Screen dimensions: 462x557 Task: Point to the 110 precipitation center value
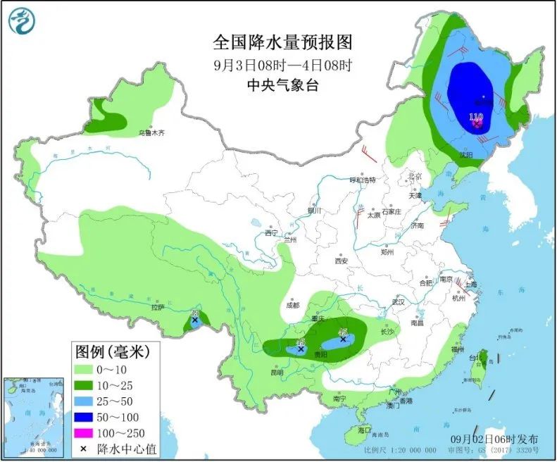pos(476,117)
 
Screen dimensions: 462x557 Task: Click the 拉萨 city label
pos(157,307)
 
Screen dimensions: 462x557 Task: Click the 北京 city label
pos(414,176)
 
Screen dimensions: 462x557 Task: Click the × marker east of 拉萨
pos(194,320)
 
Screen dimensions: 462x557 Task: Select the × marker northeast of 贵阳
pos(343,339)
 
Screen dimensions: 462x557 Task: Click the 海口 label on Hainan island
pos(363,430)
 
